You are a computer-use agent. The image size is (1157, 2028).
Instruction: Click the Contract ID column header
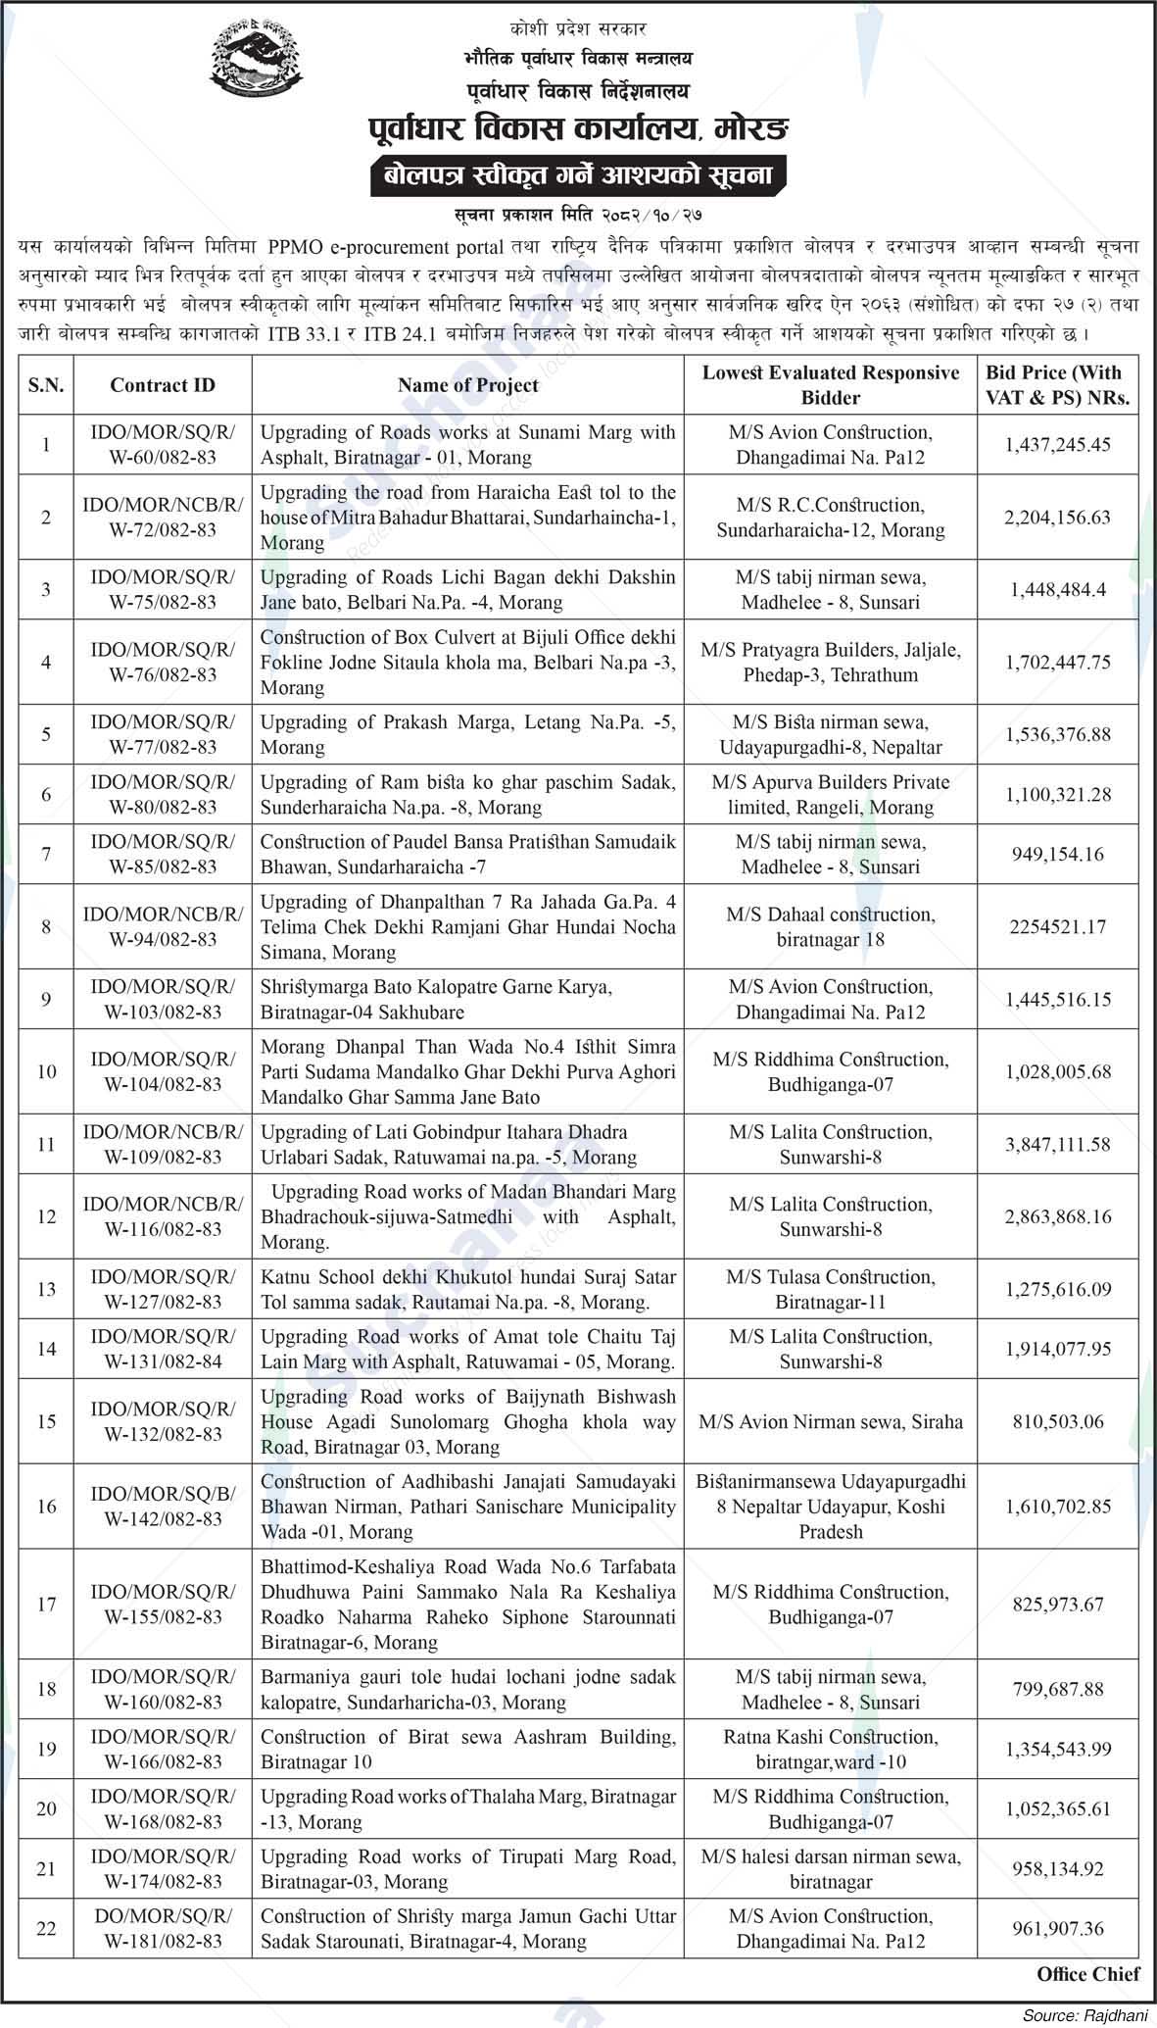163,385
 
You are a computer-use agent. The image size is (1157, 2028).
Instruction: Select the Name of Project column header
467,385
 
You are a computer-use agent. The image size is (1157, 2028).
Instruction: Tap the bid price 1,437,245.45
1057,444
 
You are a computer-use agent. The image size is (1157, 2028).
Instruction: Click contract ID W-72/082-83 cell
163,517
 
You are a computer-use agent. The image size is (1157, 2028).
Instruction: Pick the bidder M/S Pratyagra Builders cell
830,662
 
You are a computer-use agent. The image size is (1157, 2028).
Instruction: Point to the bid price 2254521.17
1057,926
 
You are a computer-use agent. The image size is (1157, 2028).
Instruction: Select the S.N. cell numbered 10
46,1071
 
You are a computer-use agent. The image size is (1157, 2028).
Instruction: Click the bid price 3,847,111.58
1057,1144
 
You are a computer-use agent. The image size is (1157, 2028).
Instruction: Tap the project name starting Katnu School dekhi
467,1289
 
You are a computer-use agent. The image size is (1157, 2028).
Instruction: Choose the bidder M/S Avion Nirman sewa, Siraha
830,1421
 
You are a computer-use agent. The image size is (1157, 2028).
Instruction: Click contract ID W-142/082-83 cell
163,1507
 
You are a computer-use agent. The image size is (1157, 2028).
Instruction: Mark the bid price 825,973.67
1057,1605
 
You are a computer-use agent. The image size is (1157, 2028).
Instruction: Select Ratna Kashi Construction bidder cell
830,1749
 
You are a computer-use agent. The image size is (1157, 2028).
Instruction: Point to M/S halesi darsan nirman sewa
830,1868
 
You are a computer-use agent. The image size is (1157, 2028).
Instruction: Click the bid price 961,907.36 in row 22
1057,1928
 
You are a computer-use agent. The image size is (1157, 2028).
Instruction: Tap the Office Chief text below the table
1087,1974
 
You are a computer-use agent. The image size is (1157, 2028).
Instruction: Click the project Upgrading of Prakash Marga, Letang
467,734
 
